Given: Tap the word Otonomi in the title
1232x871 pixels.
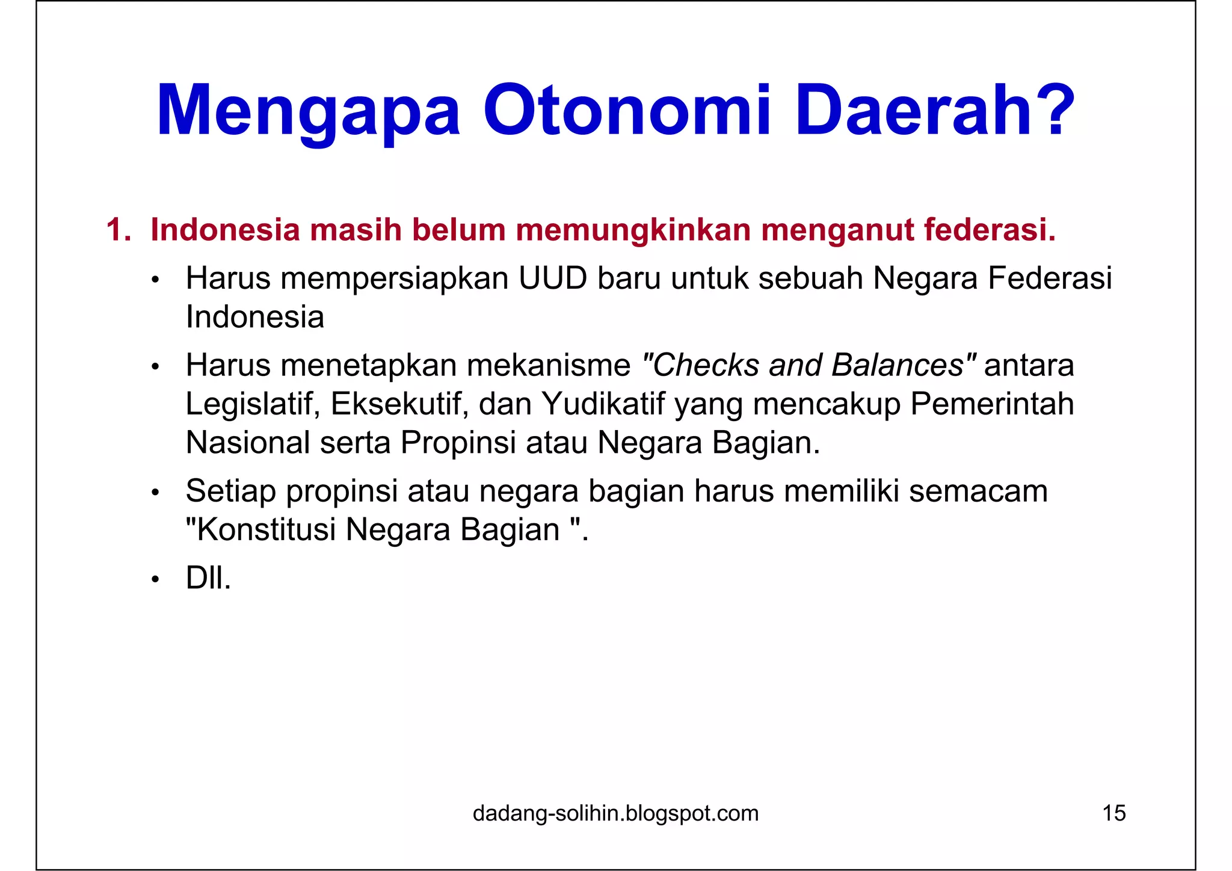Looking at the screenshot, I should (626, 112).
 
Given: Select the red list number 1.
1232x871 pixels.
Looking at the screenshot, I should (117, 230).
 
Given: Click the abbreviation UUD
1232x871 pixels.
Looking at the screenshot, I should (552, 279).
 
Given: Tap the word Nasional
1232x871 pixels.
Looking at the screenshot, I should (247, 443).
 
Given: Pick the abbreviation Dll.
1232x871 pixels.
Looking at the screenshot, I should (208, 579).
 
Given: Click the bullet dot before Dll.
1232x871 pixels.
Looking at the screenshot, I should (155, 580).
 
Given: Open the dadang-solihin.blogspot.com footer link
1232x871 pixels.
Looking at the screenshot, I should (615, 813).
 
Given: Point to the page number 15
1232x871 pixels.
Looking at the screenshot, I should (1113, 813).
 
